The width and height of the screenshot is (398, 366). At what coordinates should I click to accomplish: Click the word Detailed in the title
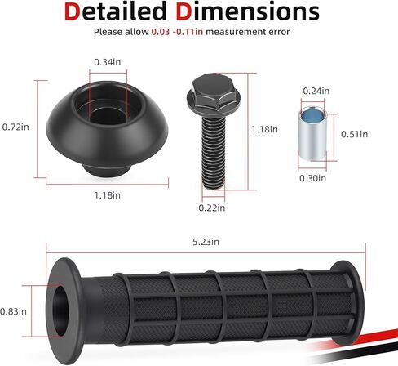pos(116,11)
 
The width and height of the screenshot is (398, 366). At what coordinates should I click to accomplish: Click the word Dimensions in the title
pos(247,11)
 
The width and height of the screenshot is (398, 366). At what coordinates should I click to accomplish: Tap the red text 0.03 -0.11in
pos(177,32)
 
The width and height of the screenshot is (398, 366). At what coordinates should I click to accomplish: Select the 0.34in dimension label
pos(108,62)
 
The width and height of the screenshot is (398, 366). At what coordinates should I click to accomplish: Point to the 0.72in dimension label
pos(15,127)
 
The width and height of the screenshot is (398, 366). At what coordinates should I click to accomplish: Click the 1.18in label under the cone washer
pos(108,195)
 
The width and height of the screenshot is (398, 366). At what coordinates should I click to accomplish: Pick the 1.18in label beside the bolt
pos(264,129)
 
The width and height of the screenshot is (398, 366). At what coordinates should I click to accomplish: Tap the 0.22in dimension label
pos(212,208)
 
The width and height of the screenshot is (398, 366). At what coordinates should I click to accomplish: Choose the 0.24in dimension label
pos(316,91)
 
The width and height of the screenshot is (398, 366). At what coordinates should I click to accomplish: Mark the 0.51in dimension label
pos(354,134)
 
